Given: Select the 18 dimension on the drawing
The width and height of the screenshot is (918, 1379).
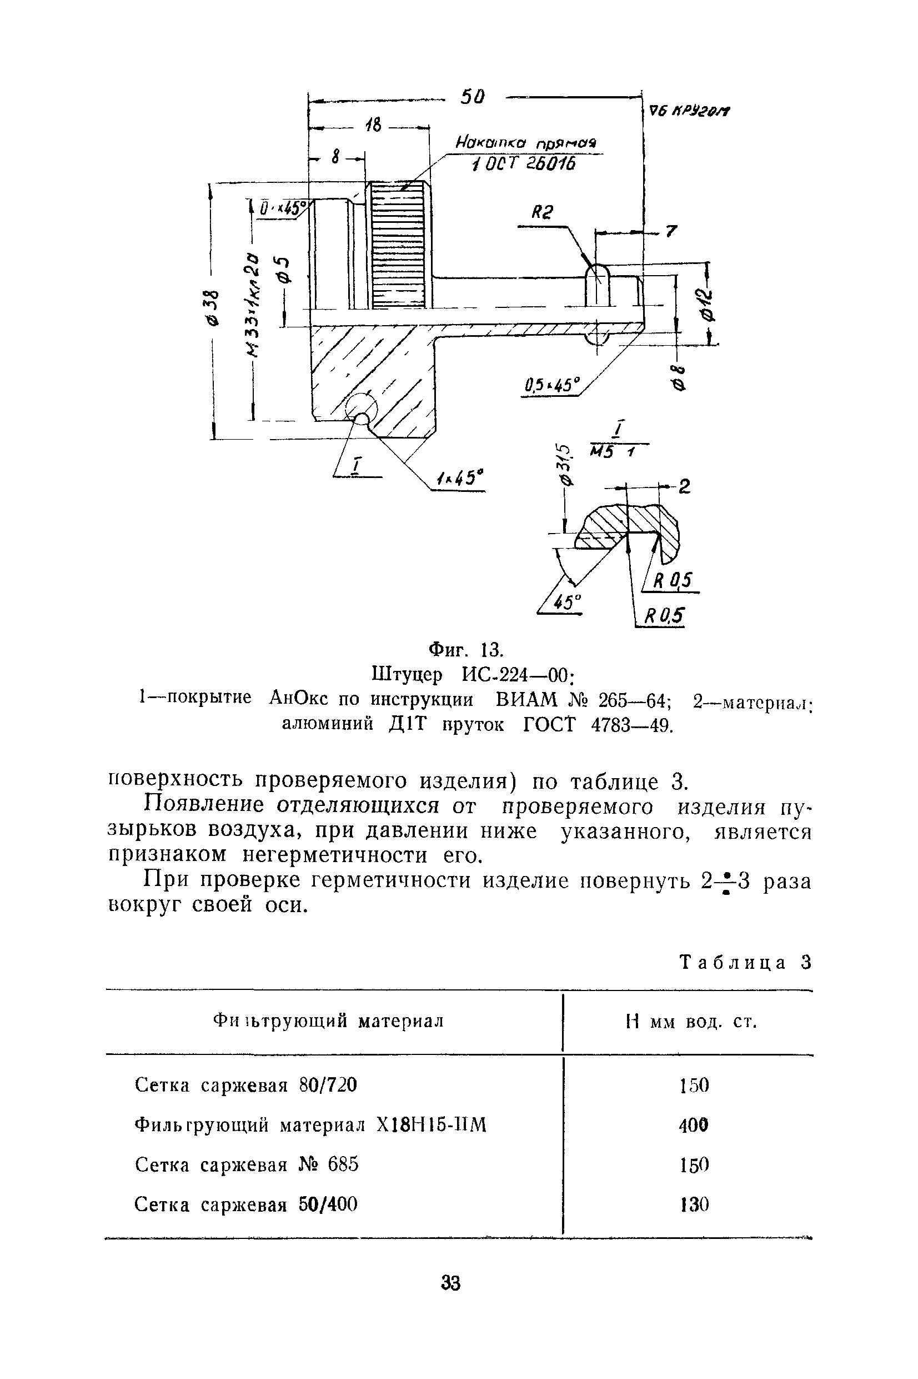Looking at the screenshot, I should pos(372,126).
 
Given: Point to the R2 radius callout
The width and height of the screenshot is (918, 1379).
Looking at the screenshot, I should pos(541,212).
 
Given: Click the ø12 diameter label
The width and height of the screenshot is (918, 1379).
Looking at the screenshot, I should pos(709,305).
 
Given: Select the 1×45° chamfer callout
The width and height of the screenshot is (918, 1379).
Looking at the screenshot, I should pos(460,479).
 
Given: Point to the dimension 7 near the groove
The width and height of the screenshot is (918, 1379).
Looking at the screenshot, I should pos(671,232).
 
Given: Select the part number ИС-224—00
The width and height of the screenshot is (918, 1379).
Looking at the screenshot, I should pos(516,675).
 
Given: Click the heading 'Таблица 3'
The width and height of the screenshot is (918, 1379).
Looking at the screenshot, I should pos(745,963).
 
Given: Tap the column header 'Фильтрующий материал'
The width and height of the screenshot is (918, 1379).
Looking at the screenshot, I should pos(328,1022).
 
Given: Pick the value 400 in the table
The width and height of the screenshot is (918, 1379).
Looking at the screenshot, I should pos(694,1126).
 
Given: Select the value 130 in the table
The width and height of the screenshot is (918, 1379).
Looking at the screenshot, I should pos(694,1205).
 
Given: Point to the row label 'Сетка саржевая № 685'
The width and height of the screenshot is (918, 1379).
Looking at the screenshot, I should pos(247,1165).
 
